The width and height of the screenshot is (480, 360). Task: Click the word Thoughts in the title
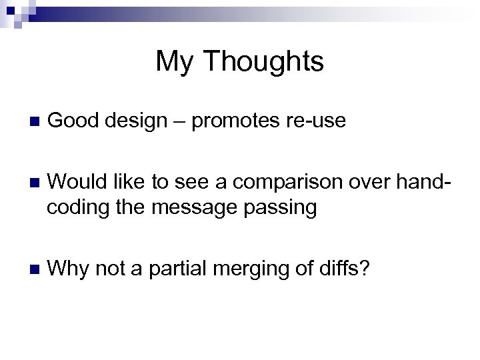pos(265,62)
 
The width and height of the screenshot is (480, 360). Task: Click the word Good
pos(71,121)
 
